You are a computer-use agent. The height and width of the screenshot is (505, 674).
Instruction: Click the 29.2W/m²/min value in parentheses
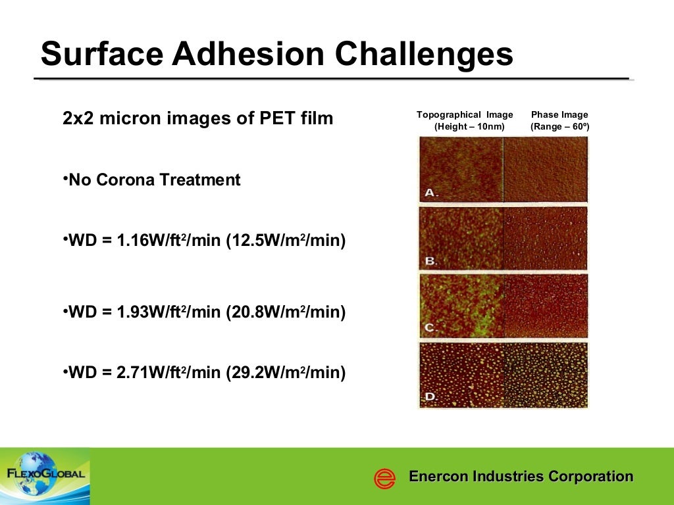[286, 373]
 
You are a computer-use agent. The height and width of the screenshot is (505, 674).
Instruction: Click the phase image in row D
[546, 374]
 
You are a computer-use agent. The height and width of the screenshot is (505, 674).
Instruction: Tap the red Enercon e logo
[384, 478]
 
